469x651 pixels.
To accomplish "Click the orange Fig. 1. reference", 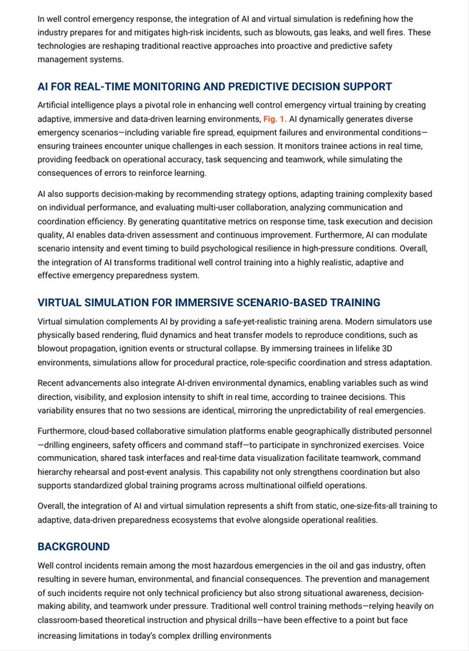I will coord(275,119).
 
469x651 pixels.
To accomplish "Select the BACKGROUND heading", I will coord(74,547).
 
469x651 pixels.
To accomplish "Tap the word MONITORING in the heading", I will coord(165,87).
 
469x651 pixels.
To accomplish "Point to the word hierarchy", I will coord(55,472).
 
